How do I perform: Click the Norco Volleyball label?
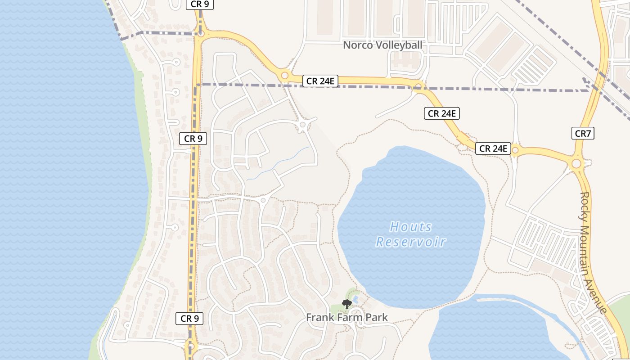pyautogui.click(x=382, y=45)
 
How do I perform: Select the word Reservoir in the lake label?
pyautogui.click(x=411, y=242)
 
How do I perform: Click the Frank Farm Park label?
pyautogui.click(x=346, y=317)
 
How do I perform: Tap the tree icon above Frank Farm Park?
pyautogui.click(x=346, y=304)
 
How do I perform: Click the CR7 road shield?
pyautogui.click(x=583, y=133)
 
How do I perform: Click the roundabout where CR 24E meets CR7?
pyautogui.click(x=576, y=163)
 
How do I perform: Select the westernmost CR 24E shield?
pyautogui.click(x=320, y=81)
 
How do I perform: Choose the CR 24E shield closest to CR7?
pyautogui.click(x=493, y=148)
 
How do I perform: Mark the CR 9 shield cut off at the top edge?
pyautogui.click(x=199, y=4)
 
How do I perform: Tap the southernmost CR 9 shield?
pyautogui.click(x=189, y=319)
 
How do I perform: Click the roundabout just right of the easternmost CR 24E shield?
pyautogui.click(x=515, y=150)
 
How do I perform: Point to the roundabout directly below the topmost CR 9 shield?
pyautogui.click(x=201, y=33)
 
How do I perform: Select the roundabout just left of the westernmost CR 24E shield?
pyautogui.click(x=284, y=75)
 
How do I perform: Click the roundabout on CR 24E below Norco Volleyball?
pyautogui.click(x=419, y=86)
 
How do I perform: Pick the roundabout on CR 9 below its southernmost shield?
pyautogui.click(x=191, y=347)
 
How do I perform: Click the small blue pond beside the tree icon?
pyautogui.click(x=355, y=299)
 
